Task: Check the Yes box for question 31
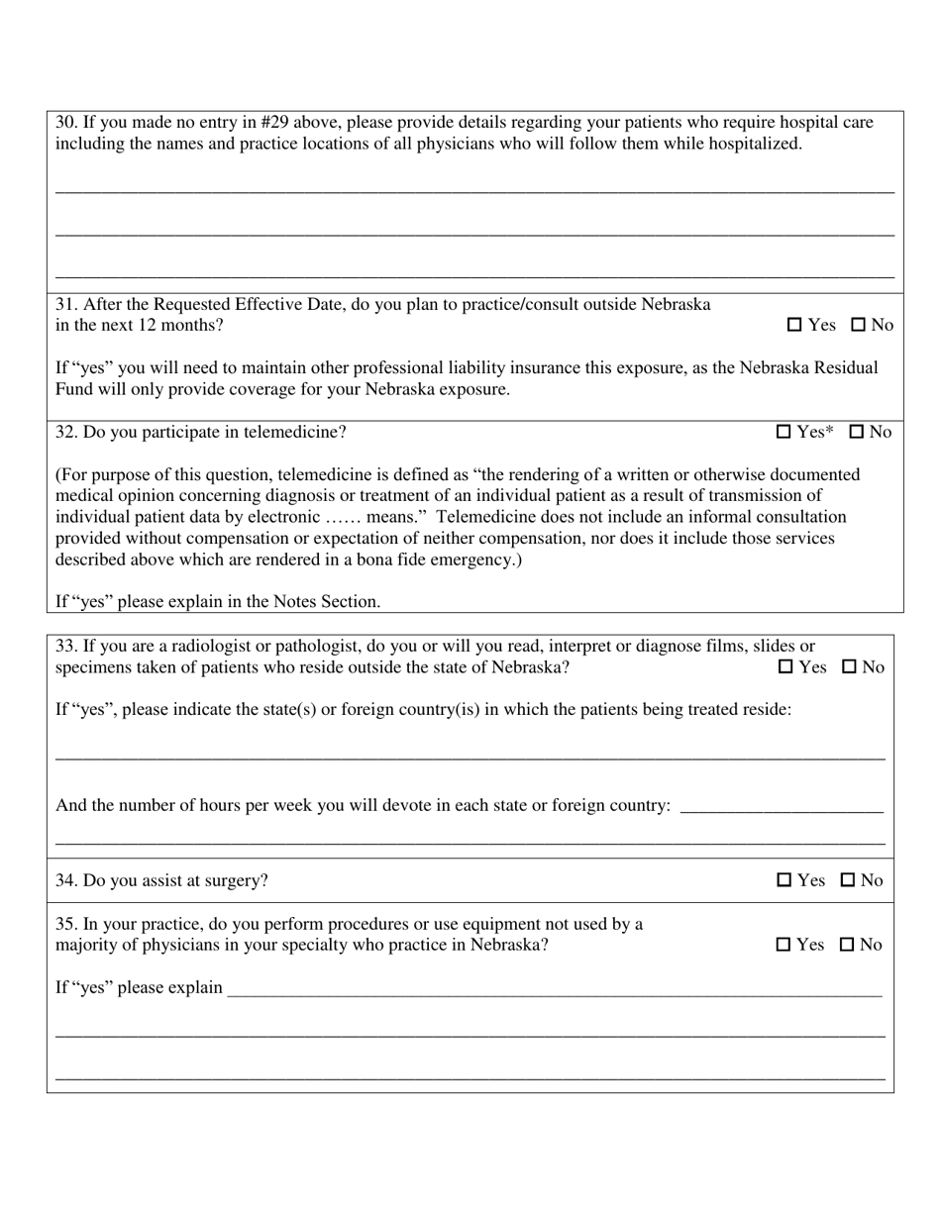coord(794,325)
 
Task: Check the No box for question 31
coord(858,325)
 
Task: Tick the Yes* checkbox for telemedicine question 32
coord(784,432)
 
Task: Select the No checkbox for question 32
coord(857,432)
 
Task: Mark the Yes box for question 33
coord(785,667)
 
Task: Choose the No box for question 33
coord(849,667)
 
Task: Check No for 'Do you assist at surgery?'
coord(848,880)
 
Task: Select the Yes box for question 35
coord(784,945)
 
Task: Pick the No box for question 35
coord(847,945)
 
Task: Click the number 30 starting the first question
coord(65,123)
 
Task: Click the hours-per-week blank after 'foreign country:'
coord(783,806)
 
